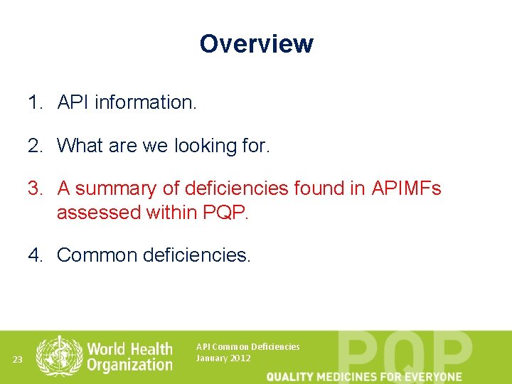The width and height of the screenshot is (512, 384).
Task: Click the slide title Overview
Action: point(256,43)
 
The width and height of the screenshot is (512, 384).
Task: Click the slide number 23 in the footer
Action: point(18,360)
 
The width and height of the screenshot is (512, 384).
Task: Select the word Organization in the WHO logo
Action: point(129,365)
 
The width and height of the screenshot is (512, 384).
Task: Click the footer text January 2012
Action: point(223,358)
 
